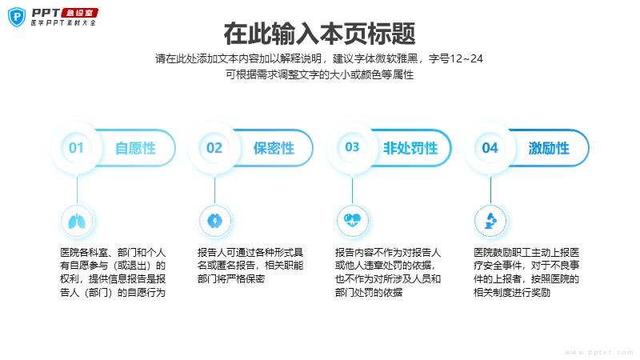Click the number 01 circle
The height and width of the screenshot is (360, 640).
tap(77, 148)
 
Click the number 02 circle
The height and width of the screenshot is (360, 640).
tap(214, 148)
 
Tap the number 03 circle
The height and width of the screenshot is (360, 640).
tap(352, 147)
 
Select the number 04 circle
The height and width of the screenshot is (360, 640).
tap(490, 148)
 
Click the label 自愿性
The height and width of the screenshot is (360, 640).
tap(134, 148)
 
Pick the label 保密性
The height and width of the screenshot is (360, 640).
tap(274, 148)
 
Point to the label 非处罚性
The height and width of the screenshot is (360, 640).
tap(410, 148)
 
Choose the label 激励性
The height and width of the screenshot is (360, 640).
tap(549, 148)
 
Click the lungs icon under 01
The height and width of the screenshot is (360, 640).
tap(77, 220)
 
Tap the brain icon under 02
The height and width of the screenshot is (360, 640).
tap(214, 220)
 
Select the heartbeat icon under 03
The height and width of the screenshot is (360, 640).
tap(352, 220)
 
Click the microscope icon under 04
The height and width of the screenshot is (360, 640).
tap(490, 220)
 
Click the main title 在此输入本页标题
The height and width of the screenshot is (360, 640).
tap(320, 34)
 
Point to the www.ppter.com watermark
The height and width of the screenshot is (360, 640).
tap(598, 351)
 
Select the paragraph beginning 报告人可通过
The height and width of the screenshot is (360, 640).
tap(250, 266)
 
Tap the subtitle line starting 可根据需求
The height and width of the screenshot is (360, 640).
tap(320, 74)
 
